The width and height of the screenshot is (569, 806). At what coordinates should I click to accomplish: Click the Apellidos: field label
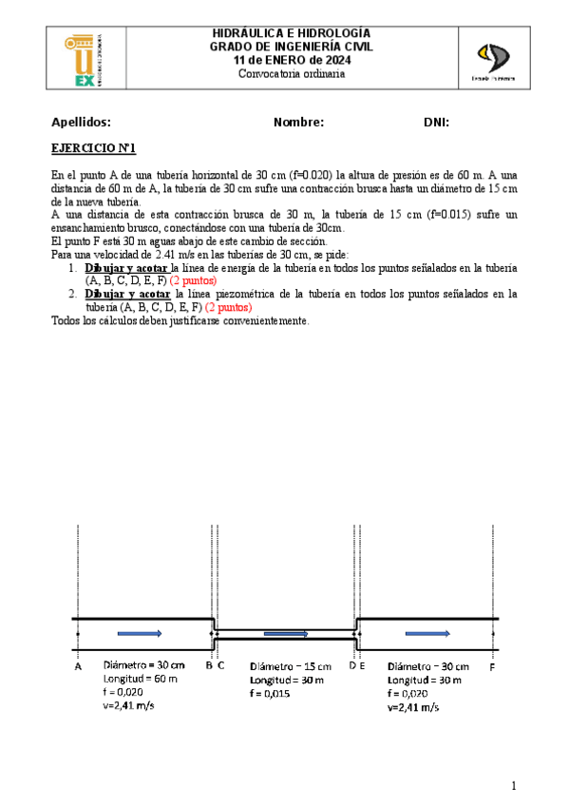point(81,123)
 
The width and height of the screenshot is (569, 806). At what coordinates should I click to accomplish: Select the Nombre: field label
point(298,123)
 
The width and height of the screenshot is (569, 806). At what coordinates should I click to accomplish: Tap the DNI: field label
point(436,123)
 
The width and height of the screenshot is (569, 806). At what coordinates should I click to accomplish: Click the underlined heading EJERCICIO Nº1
point(94,148)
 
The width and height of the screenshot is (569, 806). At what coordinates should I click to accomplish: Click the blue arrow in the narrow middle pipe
point(286,633)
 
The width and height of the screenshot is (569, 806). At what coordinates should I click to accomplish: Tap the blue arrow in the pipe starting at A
point(140,632)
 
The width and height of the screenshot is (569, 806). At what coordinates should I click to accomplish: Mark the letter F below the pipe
point(491,667)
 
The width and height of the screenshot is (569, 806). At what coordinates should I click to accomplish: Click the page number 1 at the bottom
point(513,785)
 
